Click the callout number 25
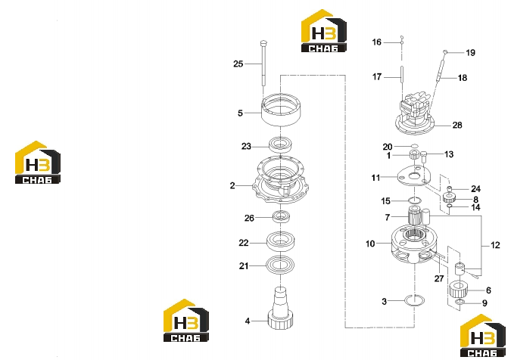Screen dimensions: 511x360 click(238, 64)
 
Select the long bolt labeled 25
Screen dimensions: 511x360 click(263, 63)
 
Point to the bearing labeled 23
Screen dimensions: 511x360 click(280, 145)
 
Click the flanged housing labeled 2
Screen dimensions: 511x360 click(280, 180)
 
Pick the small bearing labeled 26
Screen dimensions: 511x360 click(281, 216)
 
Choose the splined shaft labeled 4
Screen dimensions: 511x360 click(280, 308)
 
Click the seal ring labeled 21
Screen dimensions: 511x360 click(280, 265)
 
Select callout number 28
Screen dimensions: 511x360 click(457, 125)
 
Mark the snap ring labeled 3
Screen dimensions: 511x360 click(414, 300)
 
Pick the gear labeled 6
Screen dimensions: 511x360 click(458, 290)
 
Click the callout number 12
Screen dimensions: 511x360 click(495, 245)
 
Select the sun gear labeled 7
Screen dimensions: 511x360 click(414, 216)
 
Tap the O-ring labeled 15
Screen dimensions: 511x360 click(415, 200)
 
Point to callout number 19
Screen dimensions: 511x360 click(470, 53)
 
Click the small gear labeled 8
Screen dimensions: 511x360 click(449, 197)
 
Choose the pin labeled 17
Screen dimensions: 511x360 click(402, 77)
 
